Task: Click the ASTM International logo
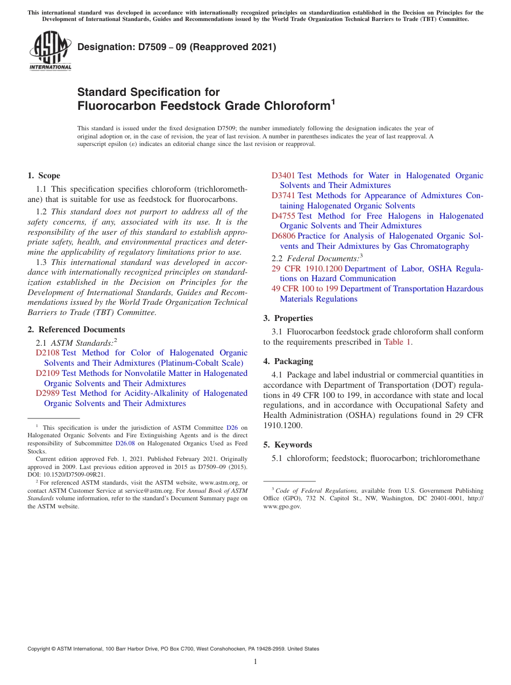click(50, 51)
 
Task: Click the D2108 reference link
click(47, 353)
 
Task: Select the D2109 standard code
click(47, 373)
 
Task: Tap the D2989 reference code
click(47, 393)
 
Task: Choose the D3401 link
click(283, 176)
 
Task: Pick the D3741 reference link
click(283, 195)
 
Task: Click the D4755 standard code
click(283, 216)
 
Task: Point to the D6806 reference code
click(283, 236)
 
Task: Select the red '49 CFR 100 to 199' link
click(304, 289)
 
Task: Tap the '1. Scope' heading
click(44, 176)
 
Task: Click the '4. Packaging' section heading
click(288, 361)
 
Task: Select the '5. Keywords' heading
click(287, 445)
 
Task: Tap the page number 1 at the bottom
click(256, 662)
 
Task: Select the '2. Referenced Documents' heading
click(76, 330)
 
